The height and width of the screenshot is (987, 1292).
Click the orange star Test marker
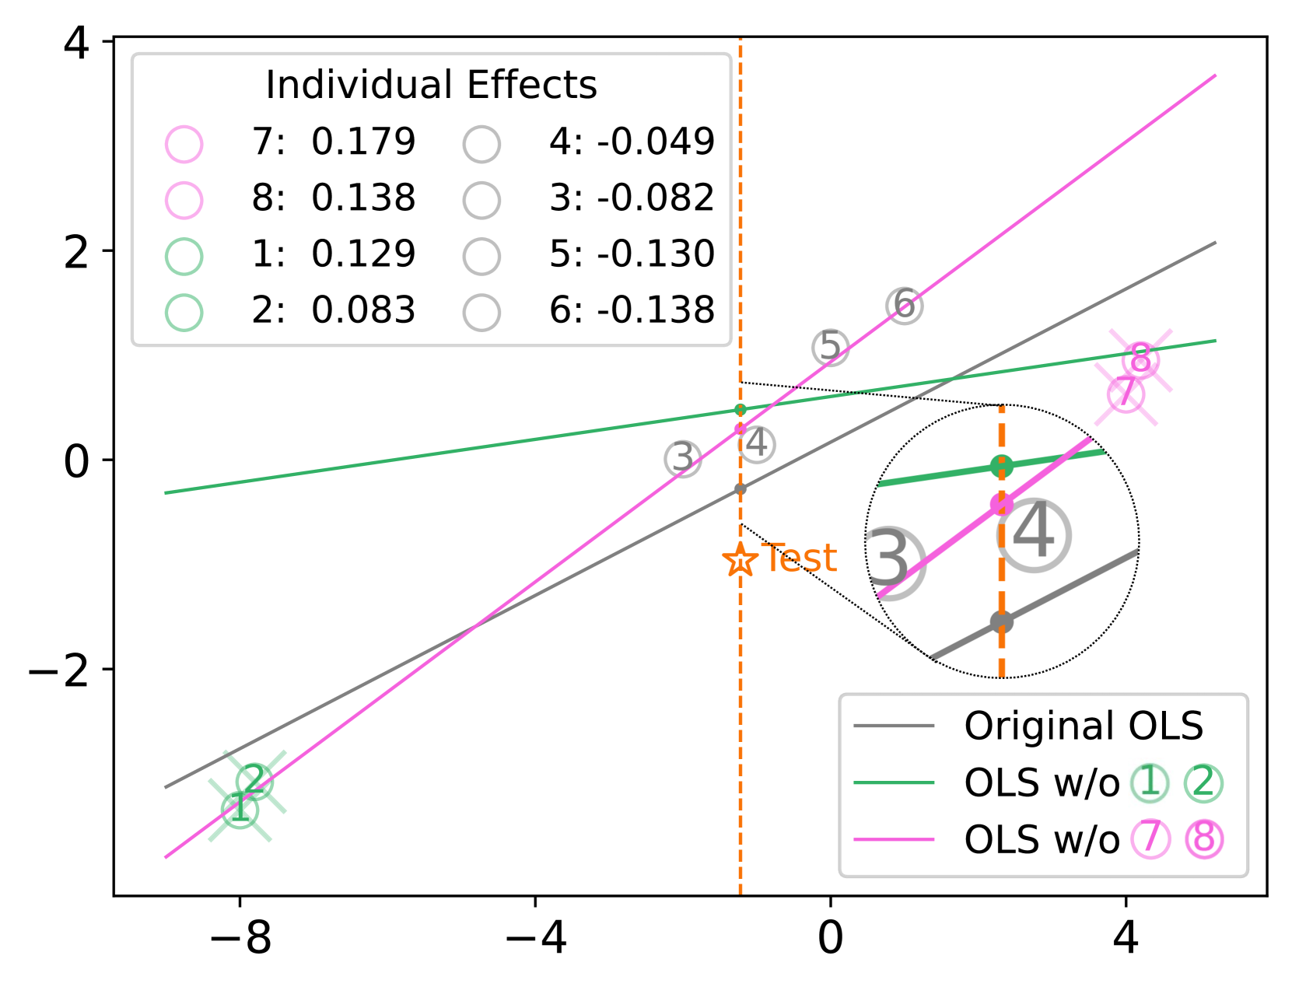(x=740, y=559)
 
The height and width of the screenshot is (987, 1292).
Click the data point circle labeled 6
(x=904, y=306)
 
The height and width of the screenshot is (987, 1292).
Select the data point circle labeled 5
(x=830, y=347)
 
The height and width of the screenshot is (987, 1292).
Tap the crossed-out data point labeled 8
(x=1140, y=360)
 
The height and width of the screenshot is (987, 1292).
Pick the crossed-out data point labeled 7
(x=1126, y=394)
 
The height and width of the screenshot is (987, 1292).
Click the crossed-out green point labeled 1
(x=240, y=810)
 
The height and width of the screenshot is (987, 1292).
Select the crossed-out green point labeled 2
(x=254, y=782)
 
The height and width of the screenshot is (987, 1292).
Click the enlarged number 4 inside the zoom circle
(x=1033, y=534)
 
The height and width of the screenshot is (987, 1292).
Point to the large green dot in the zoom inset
(x=1001, y=466)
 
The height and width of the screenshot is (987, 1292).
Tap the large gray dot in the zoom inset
(x=1001, y=622)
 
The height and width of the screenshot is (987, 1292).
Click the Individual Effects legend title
(x=431, y=85)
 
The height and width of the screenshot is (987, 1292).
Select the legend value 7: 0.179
(x=333, y=142)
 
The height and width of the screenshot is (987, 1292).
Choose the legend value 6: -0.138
(x=632, y=310)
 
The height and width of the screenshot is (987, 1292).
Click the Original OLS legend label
(x=1084, y=725)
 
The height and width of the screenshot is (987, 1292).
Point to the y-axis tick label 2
(x=76, y=253)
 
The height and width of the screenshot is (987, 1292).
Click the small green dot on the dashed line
(x=740, y=410)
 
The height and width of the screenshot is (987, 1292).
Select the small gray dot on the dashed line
(x=740, y=489)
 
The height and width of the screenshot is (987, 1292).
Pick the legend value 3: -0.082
(x=632, y=198)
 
